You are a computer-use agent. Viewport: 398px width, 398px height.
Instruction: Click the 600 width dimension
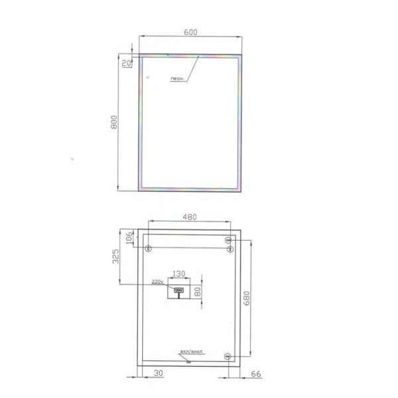pyautogui.click(x=190, y=33)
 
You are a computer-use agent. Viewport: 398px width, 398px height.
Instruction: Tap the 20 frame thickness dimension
pyautogui.click(x=127, y=63)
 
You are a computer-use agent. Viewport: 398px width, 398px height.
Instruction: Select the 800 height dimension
pyautogui.click(x=114, y=122)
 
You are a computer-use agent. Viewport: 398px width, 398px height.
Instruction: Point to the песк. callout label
pyautogui.click(x=177, y=79)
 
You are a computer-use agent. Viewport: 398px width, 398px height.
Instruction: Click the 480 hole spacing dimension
pyautogui.click(x=190, y=217)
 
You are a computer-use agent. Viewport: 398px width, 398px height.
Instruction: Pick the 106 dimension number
pyautogui.click(x=129, y=237)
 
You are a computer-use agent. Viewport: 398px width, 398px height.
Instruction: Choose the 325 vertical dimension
pyautogui.click(x=115, y=256)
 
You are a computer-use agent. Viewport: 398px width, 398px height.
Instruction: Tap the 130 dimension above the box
pyautogui.click(x=178, y=273)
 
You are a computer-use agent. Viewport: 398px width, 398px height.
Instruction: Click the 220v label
pyautogui.click(x=157, y=282)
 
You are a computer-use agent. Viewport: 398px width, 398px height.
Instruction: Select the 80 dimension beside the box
pyautogui.click(x=198, y=292)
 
